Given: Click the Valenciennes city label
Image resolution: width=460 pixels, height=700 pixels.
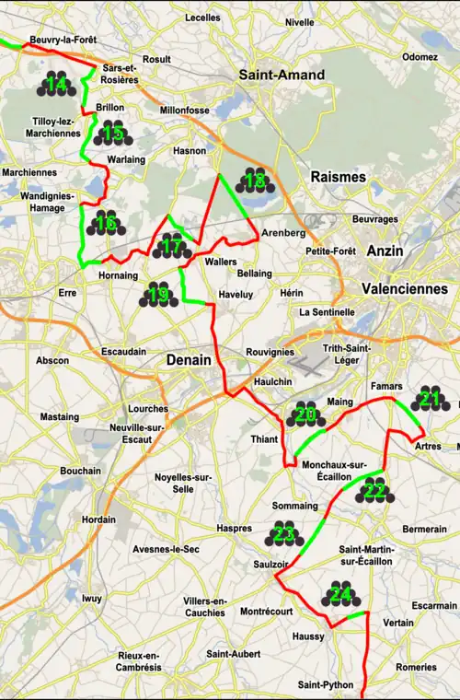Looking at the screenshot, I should click(x=405, y=288).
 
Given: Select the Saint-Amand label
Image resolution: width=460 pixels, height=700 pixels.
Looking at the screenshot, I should click(x=281, y=75).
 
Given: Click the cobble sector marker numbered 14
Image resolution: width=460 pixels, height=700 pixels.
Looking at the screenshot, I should click(x=56, y=85).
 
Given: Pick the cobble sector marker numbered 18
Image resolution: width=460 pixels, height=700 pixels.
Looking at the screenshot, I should click(x=256, y=181).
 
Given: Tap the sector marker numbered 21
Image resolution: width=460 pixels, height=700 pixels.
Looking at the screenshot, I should click(x=429, y=399).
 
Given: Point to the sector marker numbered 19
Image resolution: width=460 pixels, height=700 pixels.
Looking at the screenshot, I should click(x=157, y=295).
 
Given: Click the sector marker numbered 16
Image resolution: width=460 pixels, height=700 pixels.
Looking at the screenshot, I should click(x=107, y=223).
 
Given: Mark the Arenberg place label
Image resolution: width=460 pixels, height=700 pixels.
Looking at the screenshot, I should click(x=282, y=232).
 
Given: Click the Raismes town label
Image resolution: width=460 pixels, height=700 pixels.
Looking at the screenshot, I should click(x=338, y=176).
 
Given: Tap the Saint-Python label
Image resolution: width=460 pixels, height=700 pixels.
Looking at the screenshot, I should click(x=325, y=684).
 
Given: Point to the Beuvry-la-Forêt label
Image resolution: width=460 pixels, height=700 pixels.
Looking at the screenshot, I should click(x=63, y=41).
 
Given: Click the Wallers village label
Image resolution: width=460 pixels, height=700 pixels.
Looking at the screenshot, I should click(x=222, y=262).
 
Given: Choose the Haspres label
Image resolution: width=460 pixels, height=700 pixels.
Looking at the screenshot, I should click(x=234, y=529).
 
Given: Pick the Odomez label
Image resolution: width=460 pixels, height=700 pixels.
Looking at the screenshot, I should click(x=420, y=56).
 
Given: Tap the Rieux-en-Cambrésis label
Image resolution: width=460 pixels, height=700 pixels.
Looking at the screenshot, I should click(x=140, y=660).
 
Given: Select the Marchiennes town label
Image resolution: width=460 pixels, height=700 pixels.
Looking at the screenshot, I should click(x=29, y=172).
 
